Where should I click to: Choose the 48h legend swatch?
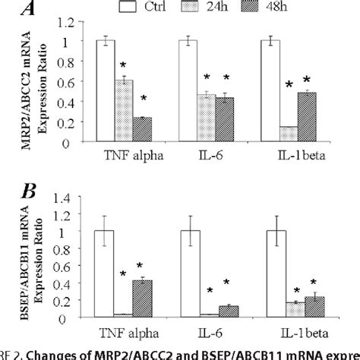tap(287, 8)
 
